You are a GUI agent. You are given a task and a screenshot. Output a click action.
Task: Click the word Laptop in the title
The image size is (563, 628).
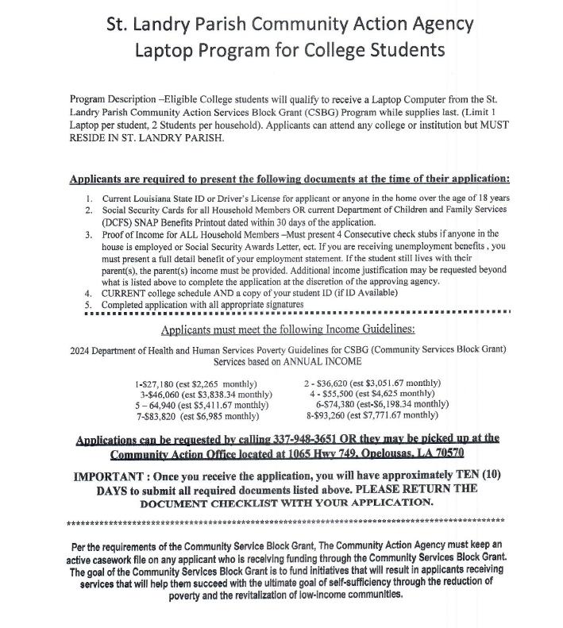pyautogui.click(x=164, y=51)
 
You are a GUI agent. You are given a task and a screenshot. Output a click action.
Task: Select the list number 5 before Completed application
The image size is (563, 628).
pyautogui.click(x=90, y=305)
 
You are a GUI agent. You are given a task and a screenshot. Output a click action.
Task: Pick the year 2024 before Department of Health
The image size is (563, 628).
pyautogui.click(x=81, y=349)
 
